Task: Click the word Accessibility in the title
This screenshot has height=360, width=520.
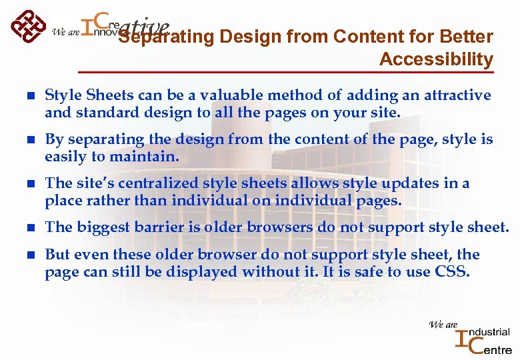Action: tap(436, 59)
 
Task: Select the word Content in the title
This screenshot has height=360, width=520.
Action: tap(356, 36)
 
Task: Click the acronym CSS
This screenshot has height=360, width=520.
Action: tap(453, 271)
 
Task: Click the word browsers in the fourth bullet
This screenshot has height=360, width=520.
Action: tap(279, 227)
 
